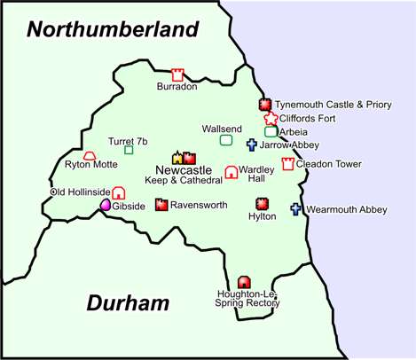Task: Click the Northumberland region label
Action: tap(112, 28)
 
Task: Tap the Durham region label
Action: tap(128, 303)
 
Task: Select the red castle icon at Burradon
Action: tap(177, 74)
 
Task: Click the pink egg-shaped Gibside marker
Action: tap(106, 206)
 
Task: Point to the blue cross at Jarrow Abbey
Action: tap(251, 145)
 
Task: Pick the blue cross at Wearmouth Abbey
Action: tap(296, 210)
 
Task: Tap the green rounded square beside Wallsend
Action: tap(226, 139)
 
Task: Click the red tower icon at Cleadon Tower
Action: tap(287, 163)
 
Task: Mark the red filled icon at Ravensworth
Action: tap(161, 204)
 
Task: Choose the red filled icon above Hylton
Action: tap(262, 203)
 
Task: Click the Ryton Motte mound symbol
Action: tap(89, 155)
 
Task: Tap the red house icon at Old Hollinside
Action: tap(119, 192)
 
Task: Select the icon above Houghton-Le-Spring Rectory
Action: tap(244, 281)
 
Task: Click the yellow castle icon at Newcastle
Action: tap(177, 158)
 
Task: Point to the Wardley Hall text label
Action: tap(255, 173)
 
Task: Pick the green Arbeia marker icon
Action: tap(270, 131)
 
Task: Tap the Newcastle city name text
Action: tap(183, 170)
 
